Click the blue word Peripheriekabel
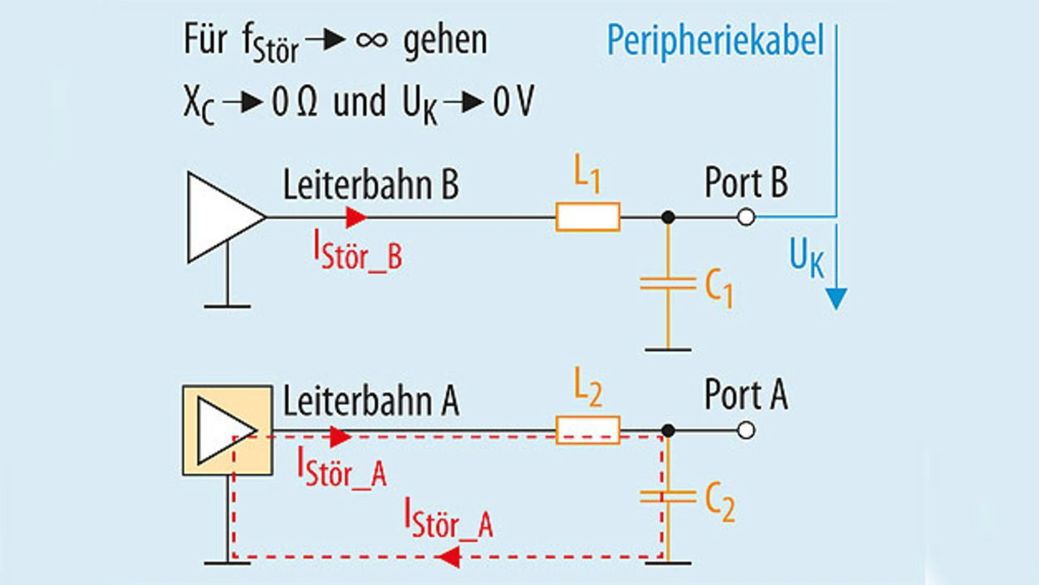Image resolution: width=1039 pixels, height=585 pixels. (714, 41)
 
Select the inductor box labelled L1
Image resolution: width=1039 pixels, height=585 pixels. (588, 217)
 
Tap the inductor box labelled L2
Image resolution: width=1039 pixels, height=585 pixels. (588, 430)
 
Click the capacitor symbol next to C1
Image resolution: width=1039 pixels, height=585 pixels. (667, 283)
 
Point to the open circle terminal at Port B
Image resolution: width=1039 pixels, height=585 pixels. (746, 217)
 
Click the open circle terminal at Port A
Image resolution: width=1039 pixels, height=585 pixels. (746, 430)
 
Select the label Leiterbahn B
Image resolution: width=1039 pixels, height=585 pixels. (370, 185)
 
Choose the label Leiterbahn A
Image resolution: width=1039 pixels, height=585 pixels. (370, 400)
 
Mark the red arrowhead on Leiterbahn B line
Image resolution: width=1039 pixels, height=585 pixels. (356, 217)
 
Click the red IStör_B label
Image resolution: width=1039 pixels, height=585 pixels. (358, 252)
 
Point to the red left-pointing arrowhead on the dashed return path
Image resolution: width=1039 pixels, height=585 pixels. (451, 557)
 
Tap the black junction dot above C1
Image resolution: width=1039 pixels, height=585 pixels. (667, 217)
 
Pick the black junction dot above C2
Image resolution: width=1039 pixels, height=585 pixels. (667, 430)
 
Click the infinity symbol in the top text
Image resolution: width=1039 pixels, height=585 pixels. (372, 41)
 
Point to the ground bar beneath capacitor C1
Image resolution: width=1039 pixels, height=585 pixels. (667, 350)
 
